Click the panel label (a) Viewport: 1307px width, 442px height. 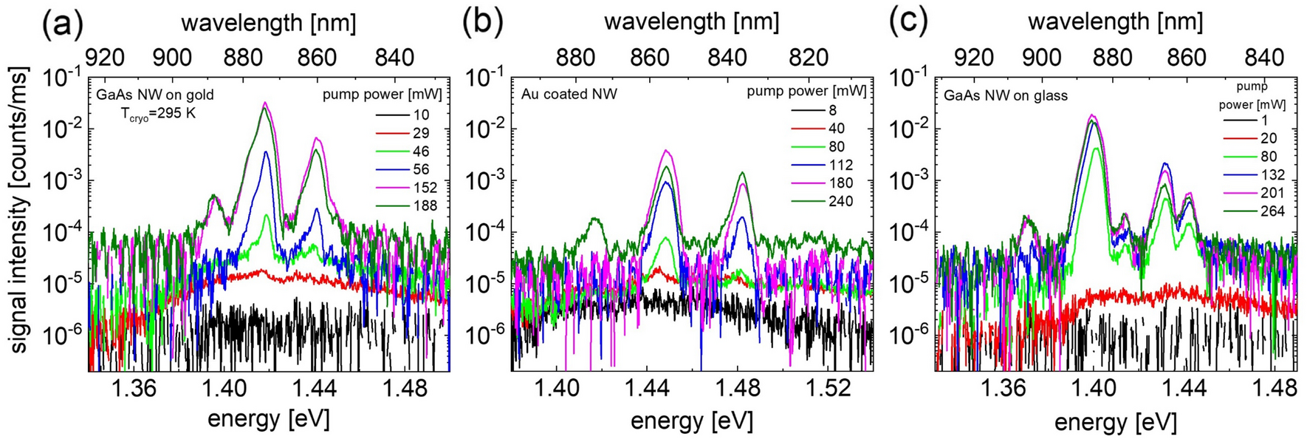62,24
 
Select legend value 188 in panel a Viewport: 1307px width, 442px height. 425,205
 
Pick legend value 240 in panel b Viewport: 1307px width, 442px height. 840,201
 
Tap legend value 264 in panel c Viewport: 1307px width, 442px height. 1272,211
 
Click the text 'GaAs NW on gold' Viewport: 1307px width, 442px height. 155,95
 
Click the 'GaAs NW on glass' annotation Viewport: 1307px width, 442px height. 1006,95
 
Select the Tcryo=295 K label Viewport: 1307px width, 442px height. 158,114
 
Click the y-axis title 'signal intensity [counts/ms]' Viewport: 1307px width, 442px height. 19,211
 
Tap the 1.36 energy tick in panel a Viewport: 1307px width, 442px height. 137,388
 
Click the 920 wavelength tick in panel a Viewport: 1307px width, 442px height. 106,58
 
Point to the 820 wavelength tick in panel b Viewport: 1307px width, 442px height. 809,58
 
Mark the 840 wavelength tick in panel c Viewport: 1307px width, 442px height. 1264,58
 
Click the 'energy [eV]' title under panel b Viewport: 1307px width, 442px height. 691,421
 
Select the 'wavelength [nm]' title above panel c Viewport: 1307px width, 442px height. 1115,22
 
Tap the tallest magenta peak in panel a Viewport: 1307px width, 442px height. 264,103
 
